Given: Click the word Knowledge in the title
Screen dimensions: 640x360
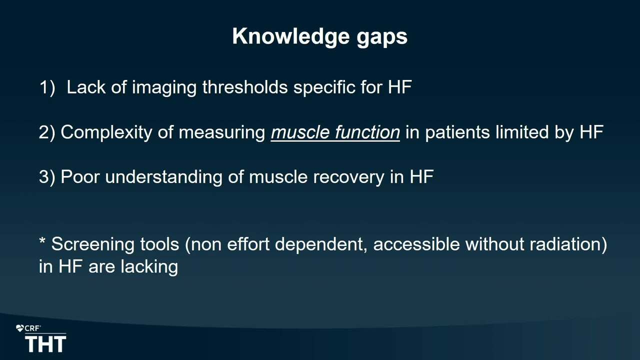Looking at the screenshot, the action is (x=291, y=37).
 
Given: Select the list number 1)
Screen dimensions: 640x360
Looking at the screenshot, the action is (x=47, y=87).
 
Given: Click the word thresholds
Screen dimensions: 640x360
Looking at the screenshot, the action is (x=245, y=87).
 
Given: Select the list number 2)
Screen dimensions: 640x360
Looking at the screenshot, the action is (x=47, y=132).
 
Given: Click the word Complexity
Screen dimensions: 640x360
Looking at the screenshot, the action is (x=106, y=133).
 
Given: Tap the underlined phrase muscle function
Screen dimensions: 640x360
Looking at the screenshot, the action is (x=335, y=132).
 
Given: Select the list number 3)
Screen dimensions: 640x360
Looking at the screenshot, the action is (x=47, y=177).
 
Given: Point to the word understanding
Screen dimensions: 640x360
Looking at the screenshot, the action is (x=163, y=177).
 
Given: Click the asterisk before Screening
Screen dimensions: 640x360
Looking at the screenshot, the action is (x=42, y=240).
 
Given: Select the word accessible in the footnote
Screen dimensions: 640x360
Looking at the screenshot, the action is (x=416, y=244).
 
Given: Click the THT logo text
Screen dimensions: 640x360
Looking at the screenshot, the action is (x=45, y=344).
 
